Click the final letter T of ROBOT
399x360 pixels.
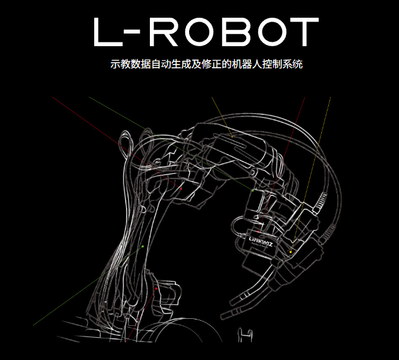[x=305, y=32]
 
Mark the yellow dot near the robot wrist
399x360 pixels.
[x=290, y=252]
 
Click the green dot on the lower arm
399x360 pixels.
[x=144, y=246]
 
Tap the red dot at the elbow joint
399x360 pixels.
[x=180, y=187]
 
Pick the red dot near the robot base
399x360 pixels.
[x=156, y=289]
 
